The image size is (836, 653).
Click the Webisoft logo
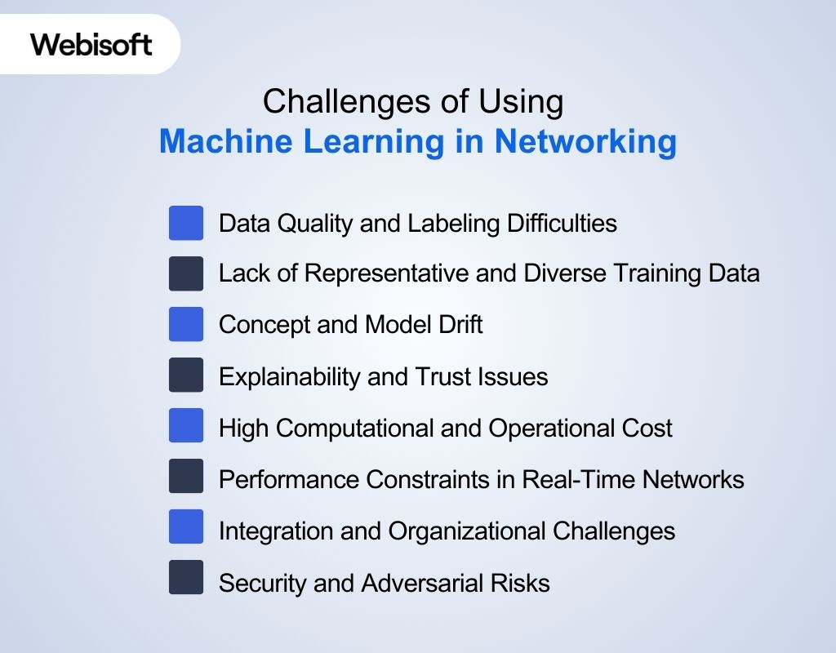pyautogui.click(x=91, y=44)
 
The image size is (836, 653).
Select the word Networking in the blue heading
pyautogui.click(x=585, y=141)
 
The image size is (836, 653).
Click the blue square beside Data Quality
pyautogui.click(x=186, y=223)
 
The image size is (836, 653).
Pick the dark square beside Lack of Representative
pyautogui.click(x=186, y=273)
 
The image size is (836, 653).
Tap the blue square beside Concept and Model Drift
pyautogui.click(x=186, y=325)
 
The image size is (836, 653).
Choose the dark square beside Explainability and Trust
pyautogui.click(x=186, y=375)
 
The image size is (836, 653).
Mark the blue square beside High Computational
pyautogui.click(x=186, y=426)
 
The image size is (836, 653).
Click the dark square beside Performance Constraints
pyautogui.click(x=186, y=477)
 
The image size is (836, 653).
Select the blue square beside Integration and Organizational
pyautogui.click(x=186, y=527)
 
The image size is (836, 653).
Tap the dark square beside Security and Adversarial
pyautogui.click(x=186, y=578)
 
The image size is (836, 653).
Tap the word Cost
pyautogui.click(x=651, y=427)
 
